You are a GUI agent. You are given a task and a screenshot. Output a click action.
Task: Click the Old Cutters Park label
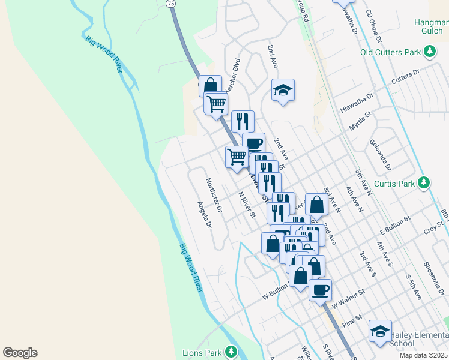tap(390, 52)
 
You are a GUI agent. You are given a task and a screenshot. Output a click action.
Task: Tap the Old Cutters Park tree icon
tap(430, 52)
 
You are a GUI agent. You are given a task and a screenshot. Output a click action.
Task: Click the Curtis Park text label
tap(395, 184)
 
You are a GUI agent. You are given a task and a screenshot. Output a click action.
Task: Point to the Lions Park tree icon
tap(231, 352)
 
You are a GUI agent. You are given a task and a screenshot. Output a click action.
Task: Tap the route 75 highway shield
tap(172, 3)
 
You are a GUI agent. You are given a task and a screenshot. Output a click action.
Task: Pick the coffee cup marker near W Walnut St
tap(320, 289)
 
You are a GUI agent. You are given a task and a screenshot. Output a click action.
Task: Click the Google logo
tap(20, 353)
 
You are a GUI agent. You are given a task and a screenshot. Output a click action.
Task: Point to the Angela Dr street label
tap(205, 215)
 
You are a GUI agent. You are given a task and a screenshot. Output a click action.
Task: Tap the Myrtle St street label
tap(361, 125)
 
